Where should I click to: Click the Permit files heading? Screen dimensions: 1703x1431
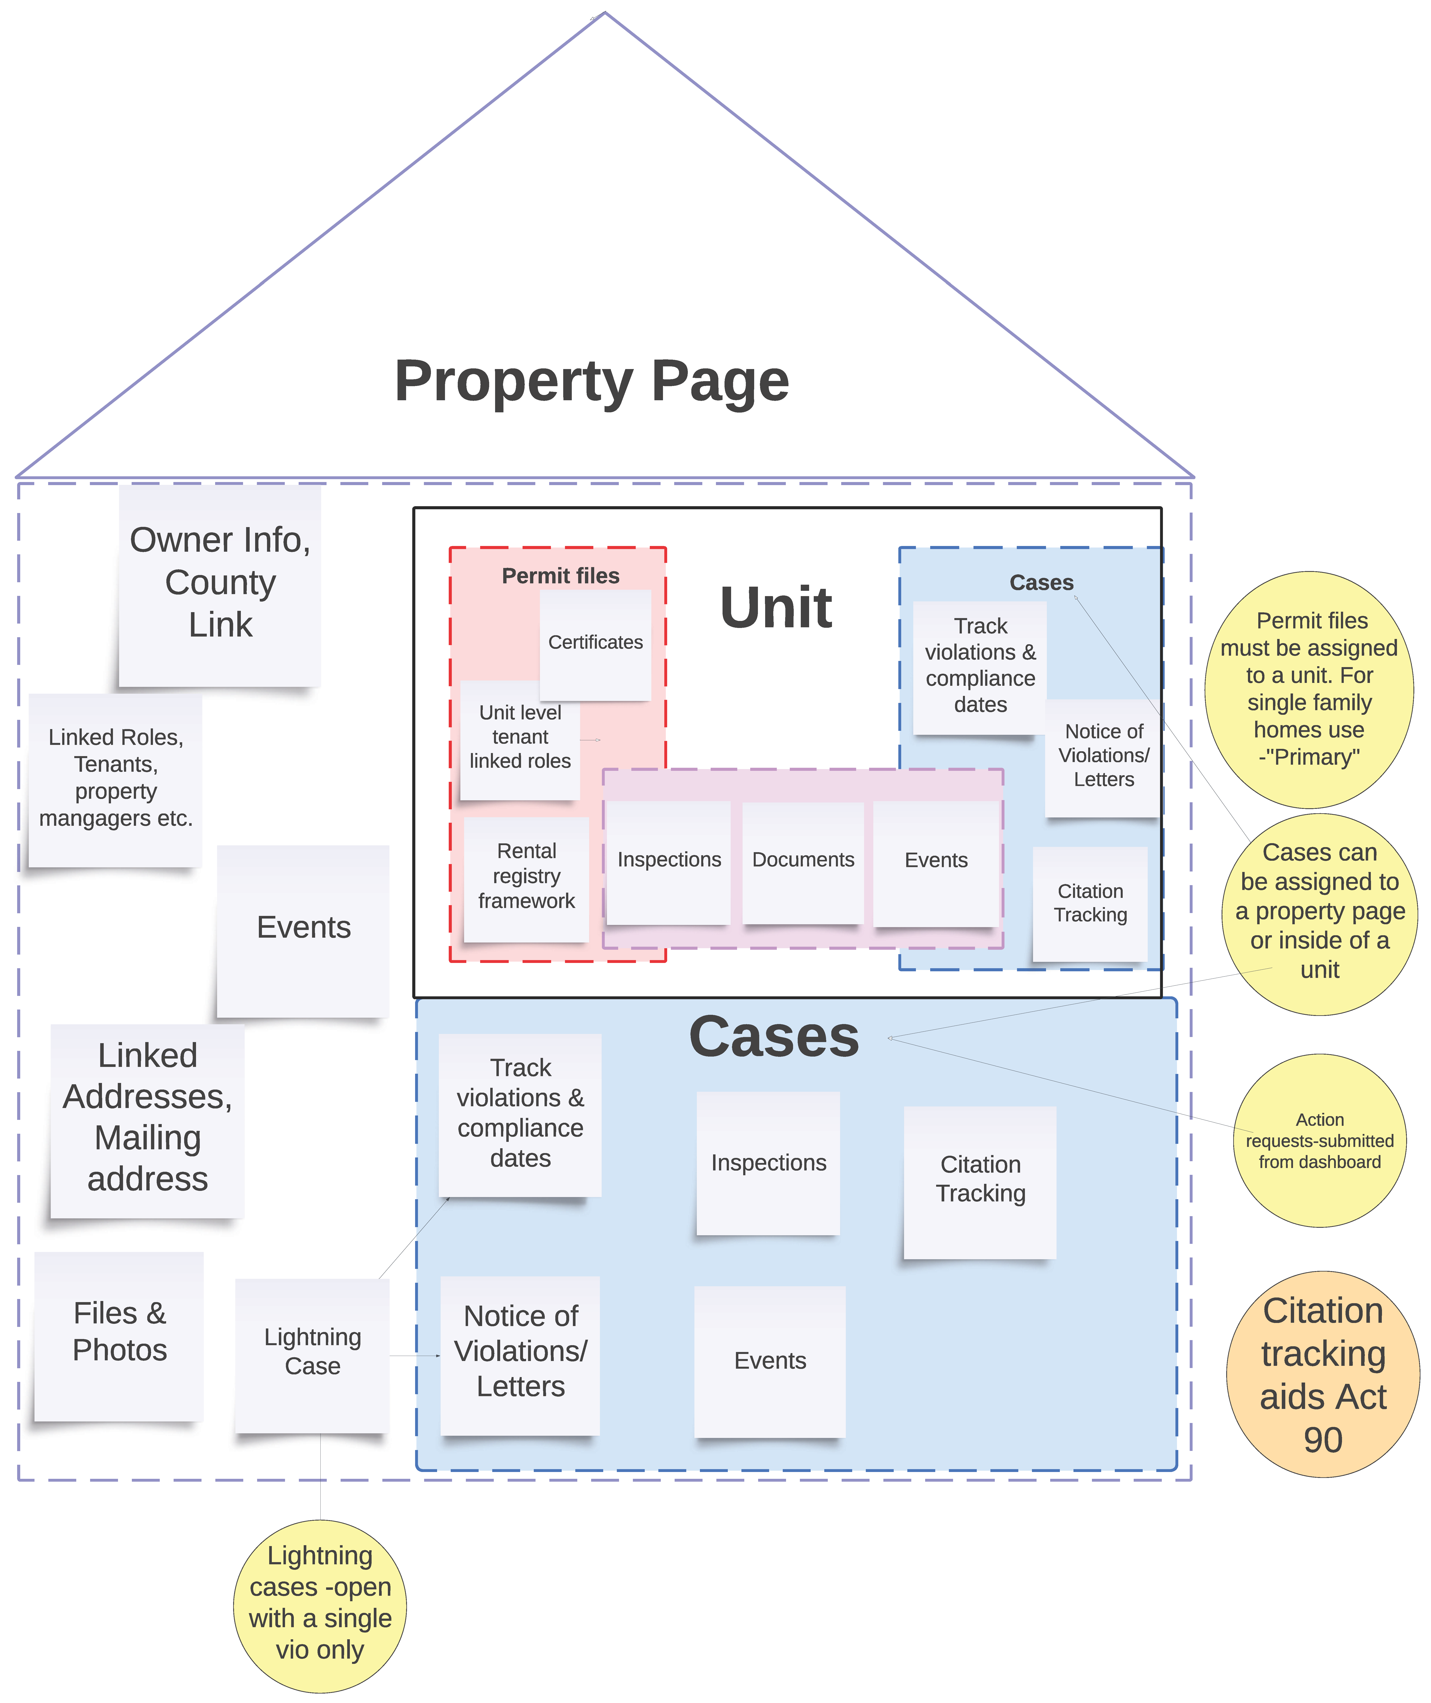(561, 576)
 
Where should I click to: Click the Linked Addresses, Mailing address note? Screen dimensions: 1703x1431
(148, 1118)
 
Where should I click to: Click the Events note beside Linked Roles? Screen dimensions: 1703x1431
(303, 928)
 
